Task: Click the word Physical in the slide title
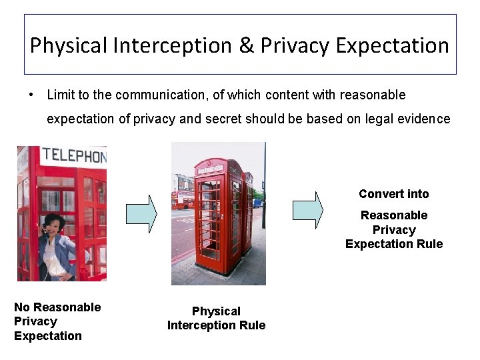coord(69,46)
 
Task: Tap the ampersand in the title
coord(246,46)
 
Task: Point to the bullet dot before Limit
coord(31,95)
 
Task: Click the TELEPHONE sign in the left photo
coord(73,157)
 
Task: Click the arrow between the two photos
coord(141,213)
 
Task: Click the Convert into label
coord(393,194)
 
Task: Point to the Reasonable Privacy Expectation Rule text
coord(393,229)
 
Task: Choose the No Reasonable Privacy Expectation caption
coord(57,321)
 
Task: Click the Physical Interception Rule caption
coord(216,318)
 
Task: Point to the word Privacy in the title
coord(295,46)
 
